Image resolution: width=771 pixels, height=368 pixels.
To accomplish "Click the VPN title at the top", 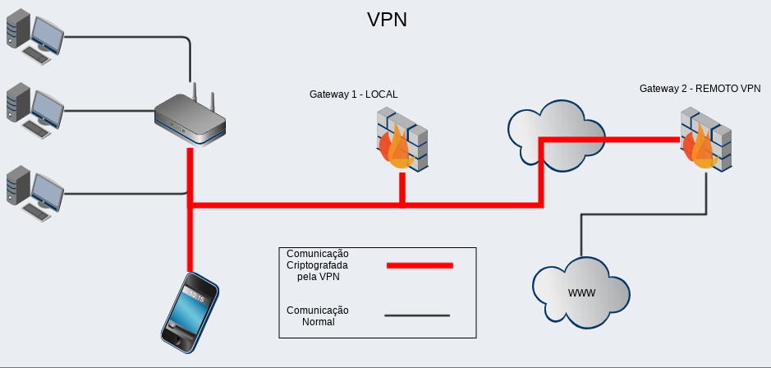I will [x=387, y=20].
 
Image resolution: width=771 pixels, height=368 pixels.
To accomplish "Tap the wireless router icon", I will [x=190, y=120].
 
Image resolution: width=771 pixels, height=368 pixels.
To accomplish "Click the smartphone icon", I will [x=190, y=311].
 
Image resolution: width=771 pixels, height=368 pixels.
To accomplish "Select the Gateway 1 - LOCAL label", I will [x=353, y=94].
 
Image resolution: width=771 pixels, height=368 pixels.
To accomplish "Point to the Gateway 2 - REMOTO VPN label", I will [x=700, y=88].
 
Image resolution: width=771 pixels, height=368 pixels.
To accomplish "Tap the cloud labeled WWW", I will [x=581, y=293].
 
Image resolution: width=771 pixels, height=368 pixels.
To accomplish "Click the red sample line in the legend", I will [x=419, y=265].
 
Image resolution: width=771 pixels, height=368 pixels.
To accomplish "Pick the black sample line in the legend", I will [x=417, y=315].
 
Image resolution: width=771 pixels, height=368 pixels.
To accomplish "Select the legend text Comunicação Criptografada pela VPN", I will [x=318, y=265].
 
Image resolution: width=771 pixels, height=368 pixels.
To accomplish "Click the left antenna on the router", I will [x=194, y=91].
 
